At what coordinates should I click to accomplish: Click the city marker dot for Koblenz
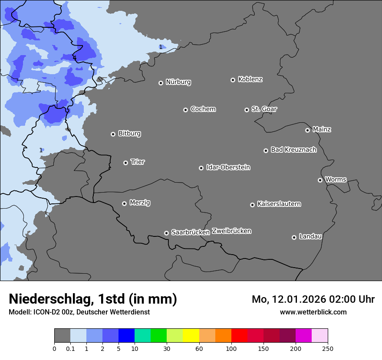coord(233,80)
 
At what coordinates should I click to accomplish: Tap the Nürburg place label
coord(178,82)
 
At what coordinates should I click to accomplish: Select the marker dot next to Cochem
coord(185,110)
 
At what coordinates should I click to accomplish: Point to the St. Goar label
coord(264,109)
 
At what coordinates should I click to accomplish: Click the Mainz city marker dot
coord(307,130)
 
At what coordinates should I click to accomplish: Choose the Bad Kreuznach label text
coord(293,150)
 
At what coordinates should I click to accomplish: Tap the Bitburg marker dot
coord(113,134)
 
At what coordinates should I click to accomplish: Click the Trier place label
coord(138,162)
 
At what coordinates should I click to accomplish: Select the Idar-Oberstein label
coord(228,167)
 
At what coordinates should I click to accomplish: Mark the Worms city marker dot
coord(320,180)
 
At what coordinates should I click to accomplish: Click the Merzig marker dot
coord(124,203)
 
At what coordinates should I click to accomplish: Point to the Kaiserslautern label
coord(279,204)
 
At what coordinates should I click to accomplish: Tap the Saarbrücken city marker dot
coord(166,233)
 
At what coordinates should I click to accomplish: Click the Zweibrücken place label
coord(231,231)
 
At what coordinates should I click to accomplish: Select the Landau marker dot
coord(294,237)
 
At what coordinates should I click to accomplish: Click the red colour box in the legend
coord(239,336)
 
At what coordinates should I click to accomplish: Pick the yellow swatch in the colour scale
coord(191,336)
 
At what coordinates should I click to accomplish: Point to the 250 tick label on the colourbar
coord(327,348)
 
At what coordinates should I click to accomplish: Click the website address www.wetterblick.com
coord(313,312)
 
